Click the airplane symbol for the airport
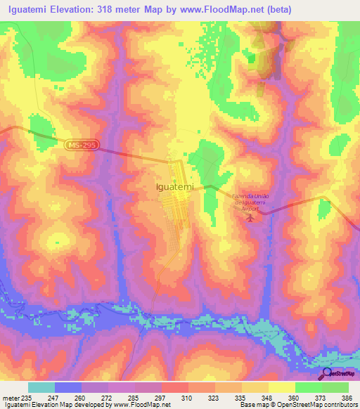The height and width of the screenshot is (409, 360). [x=250, y=219]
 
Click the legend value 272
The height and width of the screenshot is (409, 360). [x=107, y=398]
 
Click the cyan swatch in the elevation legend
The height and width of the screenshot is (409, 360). [x=41, y=388]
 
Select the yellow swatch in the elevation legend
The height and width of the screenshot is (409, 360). [x=281, y=388]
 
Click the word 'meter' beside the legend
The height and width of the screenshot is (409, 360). [x=10, y=398]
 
